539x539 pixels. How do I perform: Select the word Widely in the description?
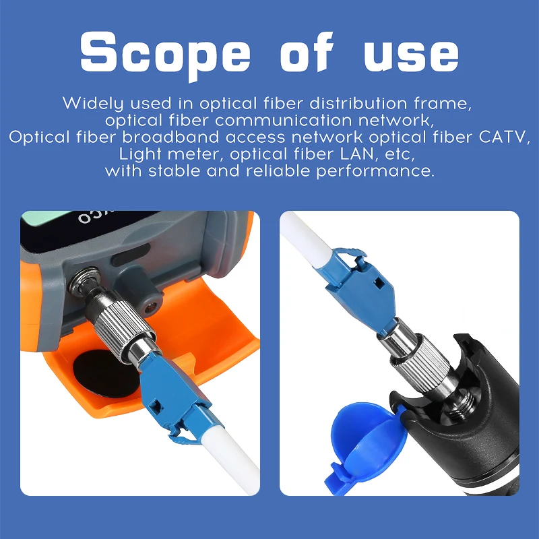click(x=90, y=104)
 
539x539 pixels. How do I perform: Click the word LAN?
click(x=363, y=154)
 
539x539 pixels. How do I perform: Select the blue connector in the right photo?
click(x=354, y=286)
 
